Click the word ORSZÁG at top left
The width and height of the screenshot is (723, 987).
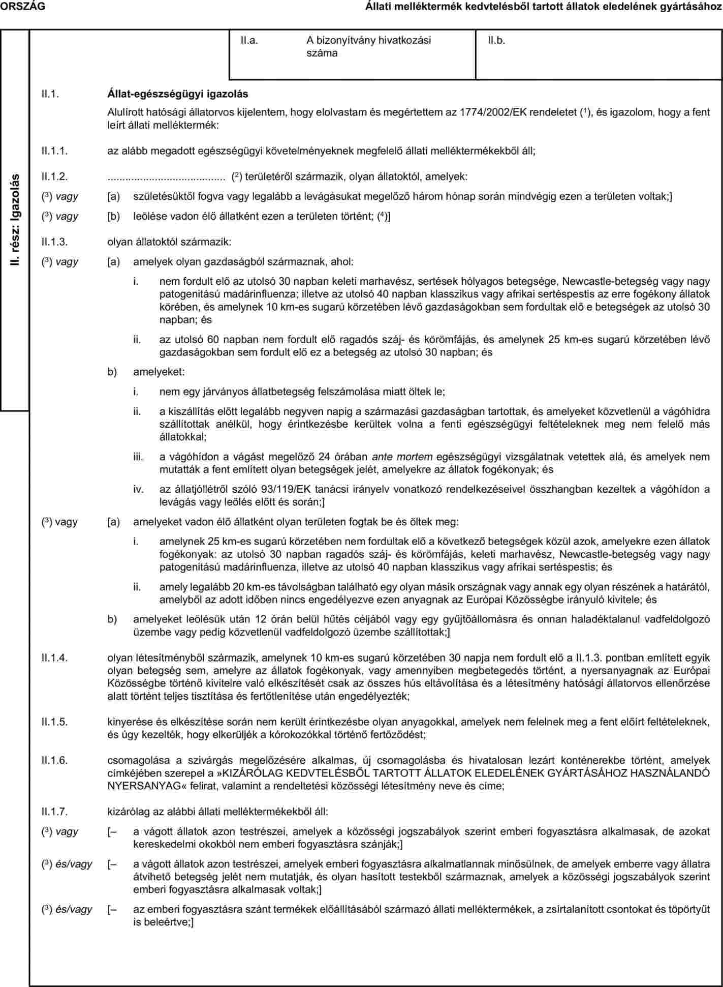22,6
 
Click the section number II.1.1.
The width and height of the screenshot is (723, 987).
55,151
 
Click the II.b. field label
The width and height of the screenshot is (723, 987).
496,40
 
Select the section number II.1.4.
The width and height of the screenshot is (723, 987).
55,657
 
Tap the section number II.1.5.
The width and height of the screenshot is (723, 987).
55,722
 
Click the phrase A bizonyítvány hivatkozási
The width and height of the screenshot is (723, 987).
368,40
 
